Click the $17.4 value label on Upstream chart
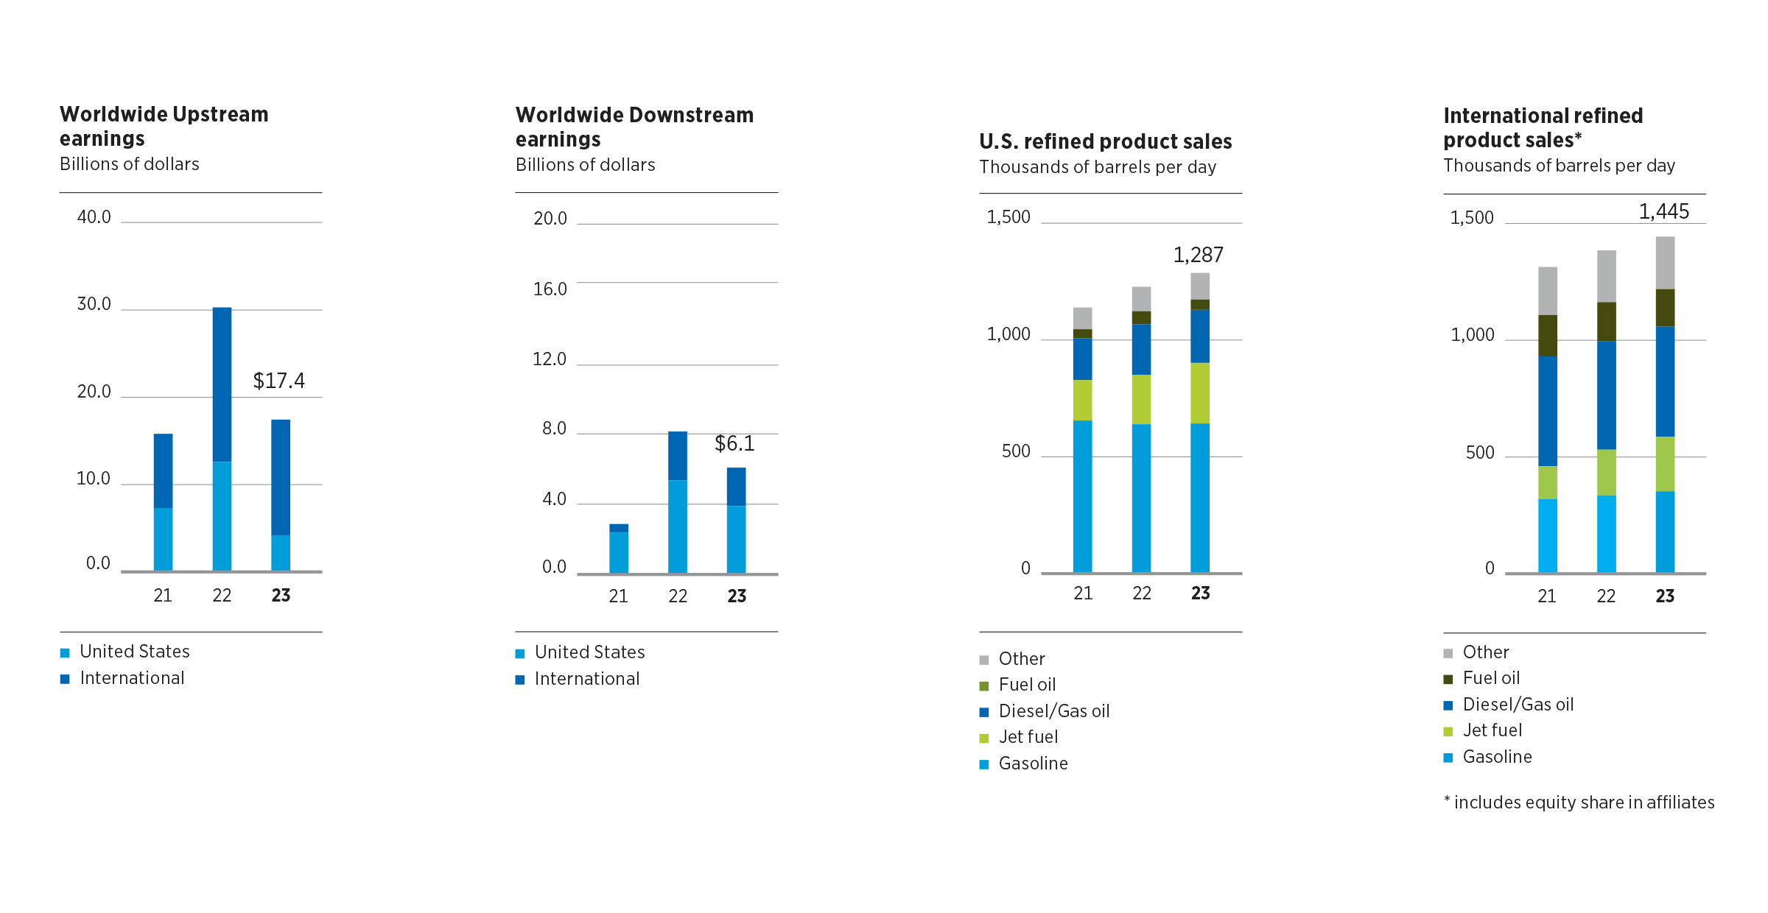(278, 381)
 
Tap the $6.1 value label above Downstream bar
(734, 443)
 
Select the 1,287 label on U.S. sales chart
(1198, 255)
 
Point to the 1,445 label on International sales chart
(1663, 211)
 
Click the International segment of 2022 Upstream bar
(222, 384)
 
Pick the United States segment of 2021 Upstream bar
(163, 539)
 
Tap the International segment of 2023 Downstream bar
(736, 487)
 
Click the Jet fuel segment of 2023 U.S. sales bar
(1200, 393)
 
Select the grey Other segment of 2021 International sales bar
(1548, 291)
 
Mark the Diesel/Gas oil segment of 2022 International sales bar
(1606, 395)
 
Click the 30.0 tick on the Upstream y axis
(94, 304)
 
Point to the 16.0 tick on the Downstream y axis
(550, 289)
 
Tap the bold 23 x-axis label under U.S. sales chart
(1200, 593)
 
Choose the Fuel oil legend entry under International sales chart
(1490, 678)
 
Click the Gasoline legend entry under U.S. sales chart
(1032, 764)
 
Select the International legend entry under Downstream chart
(586, 679)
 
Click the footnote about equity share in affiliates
(1579, 803)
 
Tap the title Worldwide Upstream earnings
(164, 126)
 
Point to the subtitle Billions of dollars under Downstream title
(585, 165)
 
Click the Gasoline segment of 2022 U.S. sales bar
(1141, 498)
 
